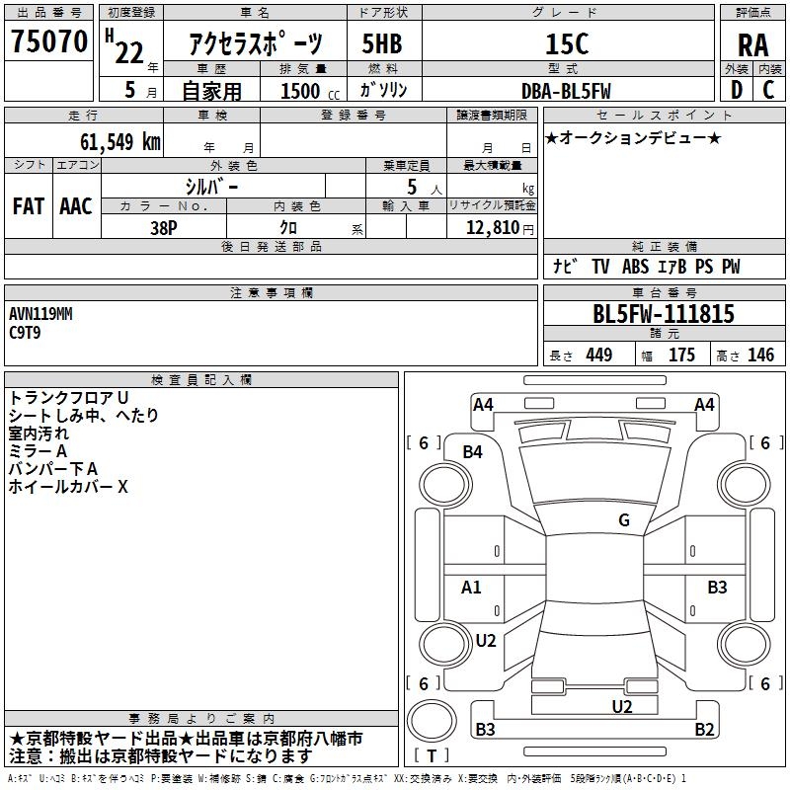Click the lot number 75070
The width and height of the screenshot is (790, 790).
tap(49, 41)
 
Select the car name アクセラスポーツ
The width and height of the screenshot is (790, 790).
tap(256, 43)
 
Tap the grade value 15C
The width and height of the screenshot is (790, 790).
tap(567, 43)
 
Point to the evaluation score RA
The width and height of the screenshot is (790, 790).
tap(752, 45)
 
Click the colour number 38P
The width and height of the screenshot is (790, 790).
tap(163, 226)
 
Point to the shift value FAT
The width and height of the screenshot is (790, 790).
tap(28, 206)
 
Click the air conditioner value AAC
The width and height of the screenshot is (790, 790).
tap(76, 206)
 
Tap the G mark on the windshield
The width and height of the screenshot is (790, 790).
tap(624, 520)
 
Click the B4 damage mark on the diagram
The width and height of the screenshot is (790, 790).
tap(473, 451)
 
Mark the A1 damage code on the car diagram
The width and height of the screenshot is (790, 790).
tap(472, 588)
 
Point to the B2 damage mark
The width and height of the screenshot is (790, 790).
tap(704, 730)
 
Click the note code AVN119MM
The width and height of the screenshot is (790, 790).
tap(40, 314)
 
